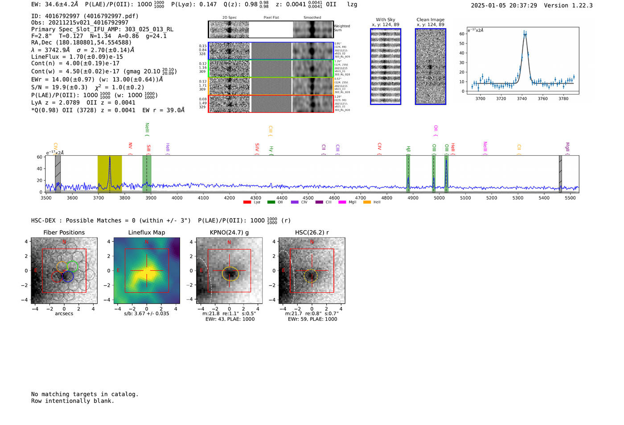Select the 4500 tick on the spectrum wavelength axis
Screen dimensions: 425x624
tap(308, 198)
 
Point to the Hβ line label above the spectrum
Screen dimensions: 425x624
tap(408, 149)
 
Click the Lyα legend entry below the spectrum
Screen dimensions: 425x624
tap(253, 202)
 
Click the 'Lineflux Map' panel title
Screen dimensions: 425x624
tap(147, 232)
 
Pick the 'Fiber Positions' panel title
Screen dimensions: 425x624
tap(64, 232)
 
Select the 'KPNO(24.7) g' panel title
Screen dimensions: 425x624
tap(229, 232)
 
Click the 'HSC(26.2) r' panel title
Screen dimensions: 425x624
tap(312, 232)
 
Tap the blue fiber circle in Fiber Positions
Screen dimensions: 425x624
tap(68, 276)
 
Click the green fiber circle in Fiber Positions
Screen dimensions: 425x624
tap(73, 267)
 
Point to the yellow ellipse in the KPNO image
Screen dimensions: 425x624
tap(230, 274)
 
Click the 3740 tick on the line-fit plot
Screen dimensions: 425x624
tap(522, 99)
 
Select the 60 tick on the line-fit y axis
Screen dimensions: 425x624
tap(462, 34)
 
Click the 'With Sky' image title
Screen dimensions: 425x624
tap(386, 20)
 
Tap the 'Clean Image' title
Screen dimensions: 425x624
tap(431, 20)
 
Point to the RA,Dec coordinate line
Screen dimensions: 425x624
tap(81, 43)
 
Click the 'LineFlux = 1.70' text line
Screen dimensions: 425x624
tap(77, 57)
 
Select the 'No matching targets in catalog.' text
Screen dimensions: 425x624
tap(85, 394)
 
